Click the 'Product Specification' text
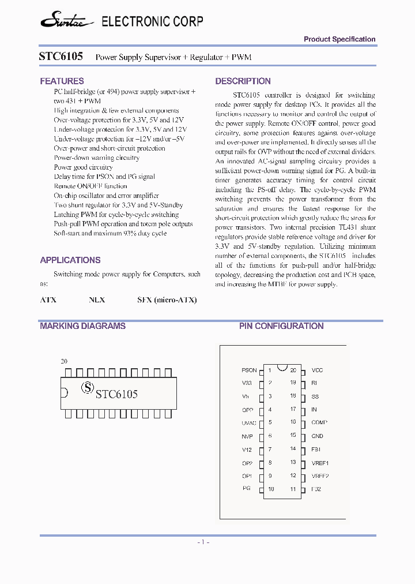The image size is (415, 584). point(339,39)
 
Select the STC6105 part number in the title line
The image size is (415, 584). point(61,57)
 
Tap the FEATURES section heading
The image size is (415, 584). point(62,81)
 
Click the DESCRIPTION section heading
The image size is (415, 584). point(243,81)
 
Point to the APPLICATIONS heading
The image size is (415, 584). point(70,260)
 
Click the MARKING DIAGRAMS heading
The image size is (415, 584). point(82,326)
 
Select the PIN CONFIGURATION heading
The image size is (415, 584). point(281,326)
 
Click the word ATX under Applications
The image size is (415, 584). point(48,300)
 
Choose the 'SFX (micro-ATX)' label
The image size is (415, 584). point(167,300)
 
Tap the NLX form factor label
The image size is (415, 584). point(97,300)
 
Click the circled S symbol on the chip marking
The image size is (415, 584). point(87,388)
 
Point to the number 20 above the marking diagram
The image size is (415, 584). point(64,361)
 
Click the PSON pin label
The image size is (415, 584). point(249,370)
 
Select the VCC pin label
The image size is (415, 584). point(317,370)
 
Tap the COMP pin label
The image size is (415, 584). point(319,422)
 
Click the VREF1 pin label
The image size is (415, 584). point(320,463)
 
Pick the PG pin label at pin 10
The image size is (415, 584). point(247,489)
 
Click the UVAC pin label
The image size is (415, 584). point(248,422)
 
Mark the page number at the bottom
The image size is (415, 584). point(203,542)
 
